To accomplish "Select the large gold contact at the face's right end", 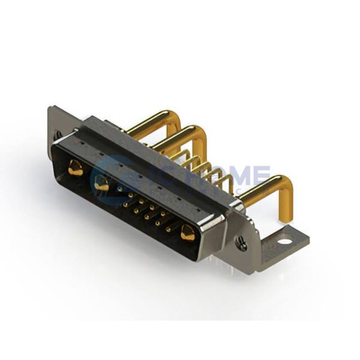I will tap(188, 234).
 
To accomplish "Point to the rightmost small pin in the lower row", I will tap(169, 229).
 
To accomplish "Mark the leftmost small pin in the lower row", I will tap(125, 204).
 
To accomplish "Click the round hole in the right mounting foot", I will tap(284, 242).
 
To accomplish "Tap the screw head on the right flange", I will tap(241, 243).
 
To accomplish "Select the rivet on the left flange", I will tap(58, 134).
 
